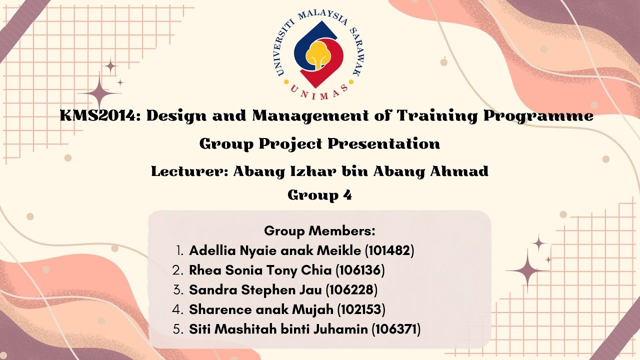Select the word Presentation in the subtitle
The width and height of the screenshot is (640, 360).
click(x=384, y=144)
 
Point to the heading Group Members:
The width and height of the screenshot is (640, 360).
click(x=319, y=231)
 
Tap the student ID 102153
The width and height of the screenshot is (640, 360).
click(x=360, y=310)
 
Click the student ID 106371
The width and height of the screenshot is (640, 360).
click(x=396, y=329)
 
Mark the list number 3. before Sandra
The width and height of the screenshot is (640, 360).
click(x=178, y=290)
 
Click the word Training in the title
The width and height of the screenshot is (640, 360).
click(x=437, y=116)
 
